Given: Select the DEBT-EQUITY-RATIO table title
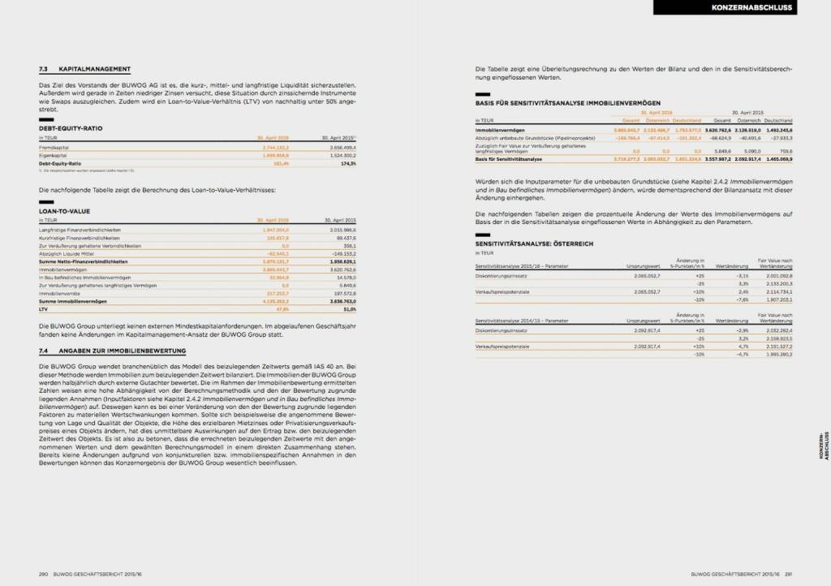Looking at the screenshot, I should coord(71,128).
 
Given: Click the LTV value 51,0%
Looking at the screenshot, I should coord(348,308).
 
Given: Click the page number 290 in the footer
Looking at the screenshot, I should coord(44,574).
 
